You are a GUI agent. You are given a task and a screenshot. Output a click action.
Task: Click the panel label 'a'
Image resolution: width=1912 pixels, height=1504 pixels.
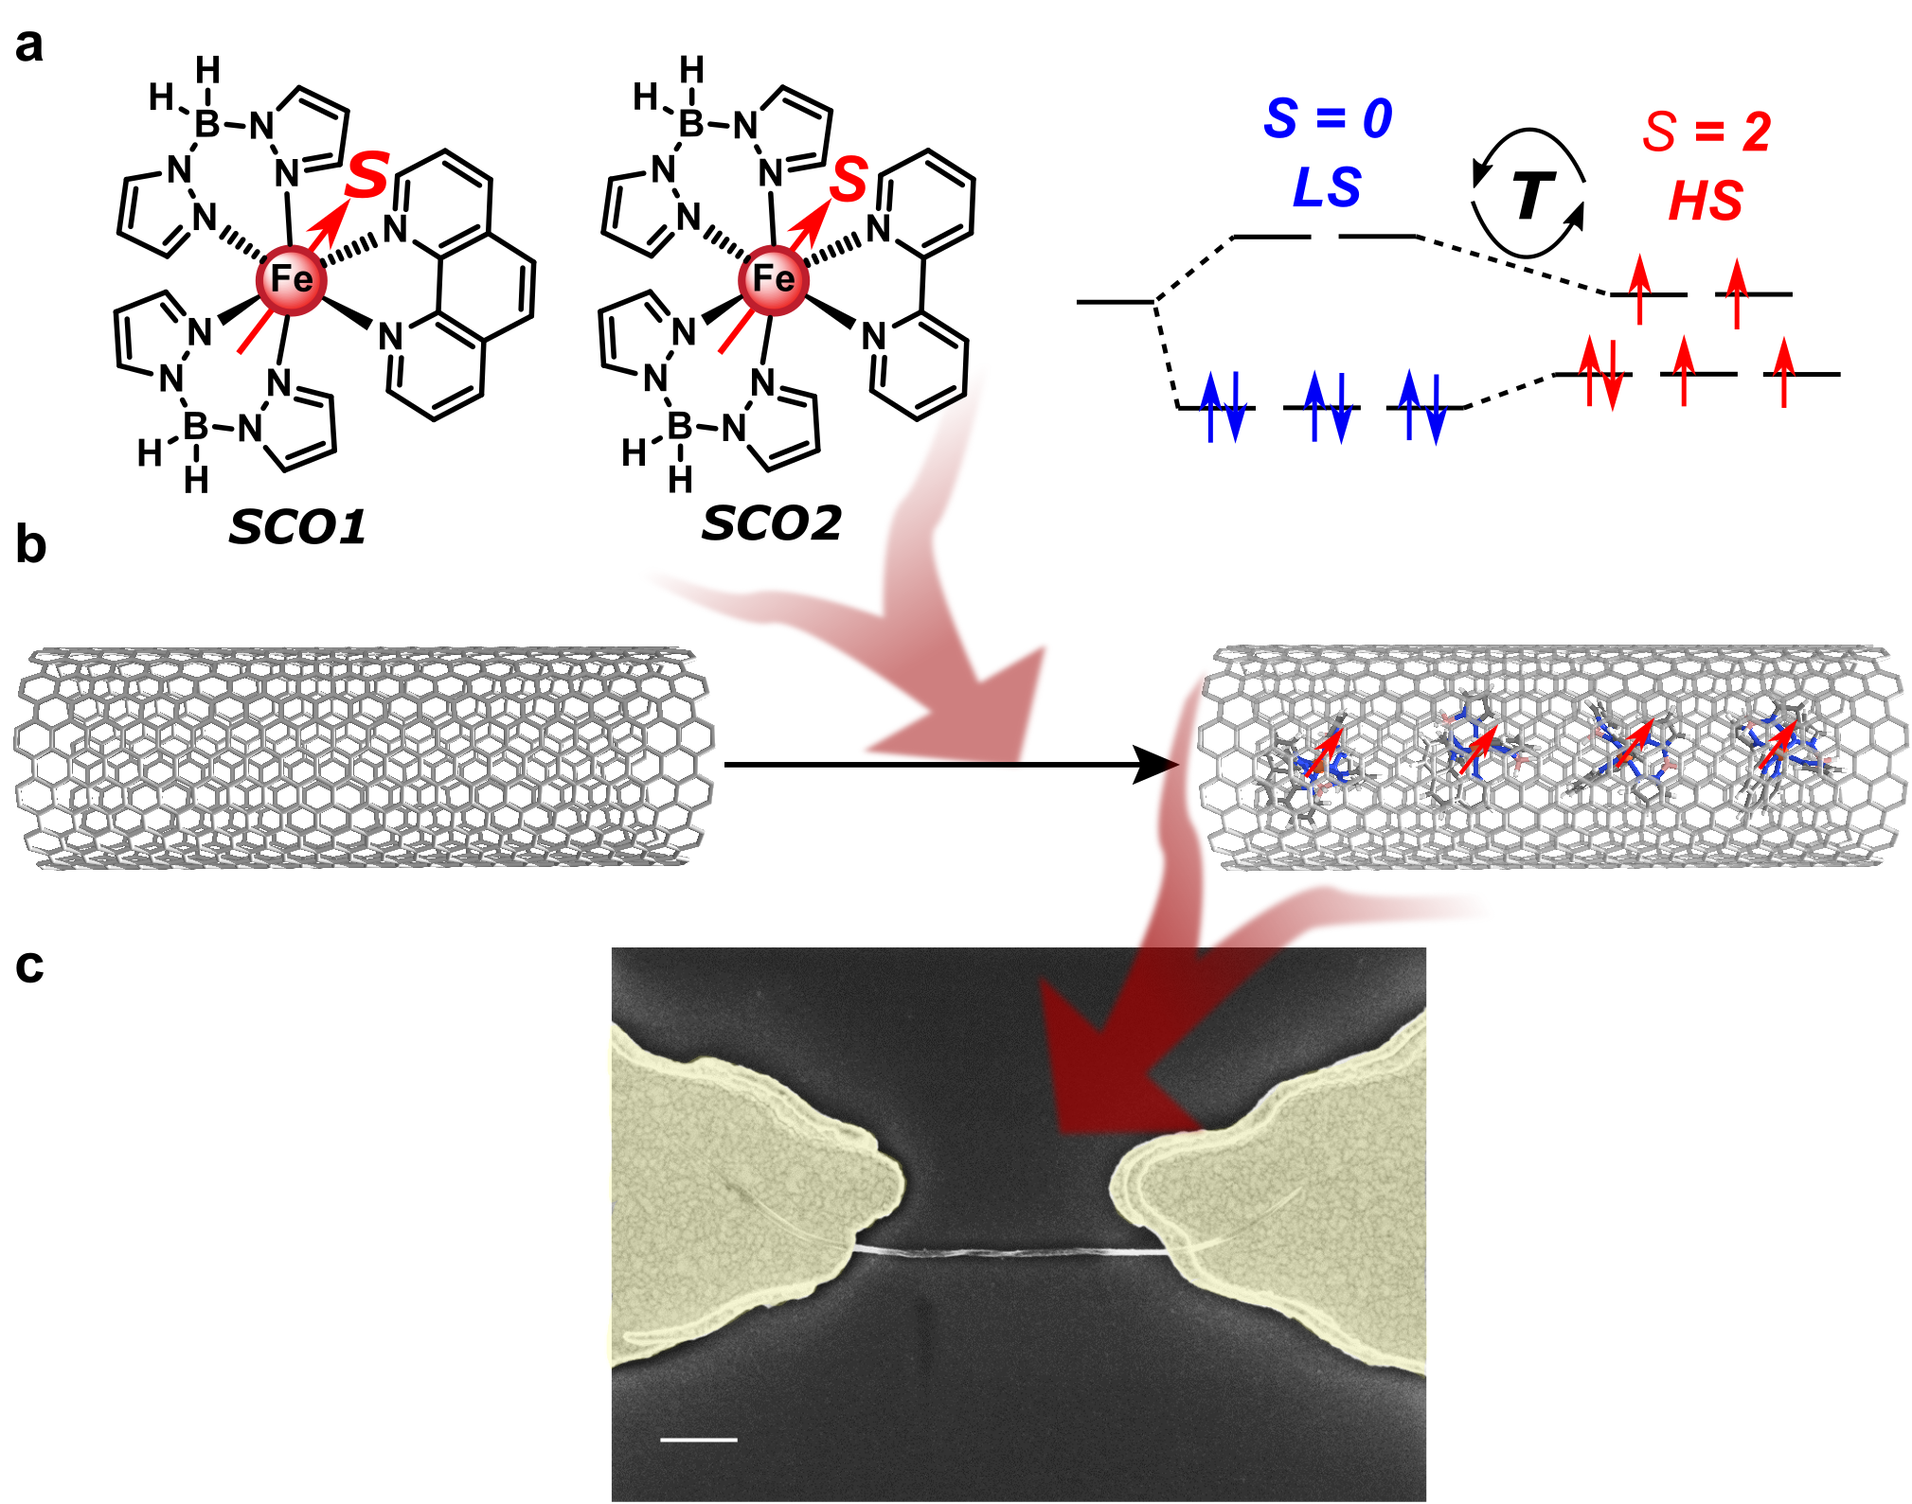click(x=29, y=46)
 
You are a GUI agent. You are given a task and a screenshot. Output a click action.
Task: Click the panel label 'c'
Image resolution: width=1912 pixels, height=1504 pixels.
click(x=30, y=966)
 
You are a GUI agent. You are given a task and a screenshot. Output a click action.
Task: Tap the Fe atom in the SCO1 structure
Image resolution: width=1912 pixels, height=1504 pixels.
click(x=291, y=279)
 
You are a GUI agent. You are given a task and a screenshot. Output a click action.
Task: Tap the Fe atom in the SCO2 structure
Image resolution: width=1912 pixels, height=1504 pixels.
click(x=773, y=279)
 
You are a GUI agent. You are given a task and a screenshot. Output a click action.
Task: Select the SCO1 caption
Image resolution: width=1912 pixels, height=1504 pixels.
click(x=297, y=527)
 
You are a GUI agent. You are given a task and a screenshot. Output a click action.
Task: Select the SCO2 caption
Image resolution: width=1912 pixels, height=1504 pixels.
click(x=771, y=523)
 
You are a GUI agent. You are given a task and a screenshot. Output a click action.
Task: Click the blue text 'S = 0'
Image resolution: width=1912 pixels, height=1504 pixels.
click(x=1328, y=119)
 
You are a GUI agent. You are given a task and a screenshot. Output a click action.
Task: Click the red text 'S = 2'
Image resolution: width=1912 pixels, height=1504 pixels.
click(x=1707, y=132)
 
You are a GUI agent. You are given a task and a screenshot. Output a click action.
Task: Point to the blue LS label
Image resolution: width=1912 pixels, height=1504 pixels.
click(x=1327, y=187)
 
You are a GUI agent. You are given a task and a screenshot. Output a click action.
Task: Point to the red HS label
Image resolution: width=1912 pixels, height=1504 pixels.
click(x=1706, y=201)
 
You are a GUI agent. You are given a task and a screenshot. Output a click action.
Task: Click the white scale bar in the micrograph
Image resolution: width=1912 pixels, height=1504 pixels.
click(x=698, y=1440)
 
